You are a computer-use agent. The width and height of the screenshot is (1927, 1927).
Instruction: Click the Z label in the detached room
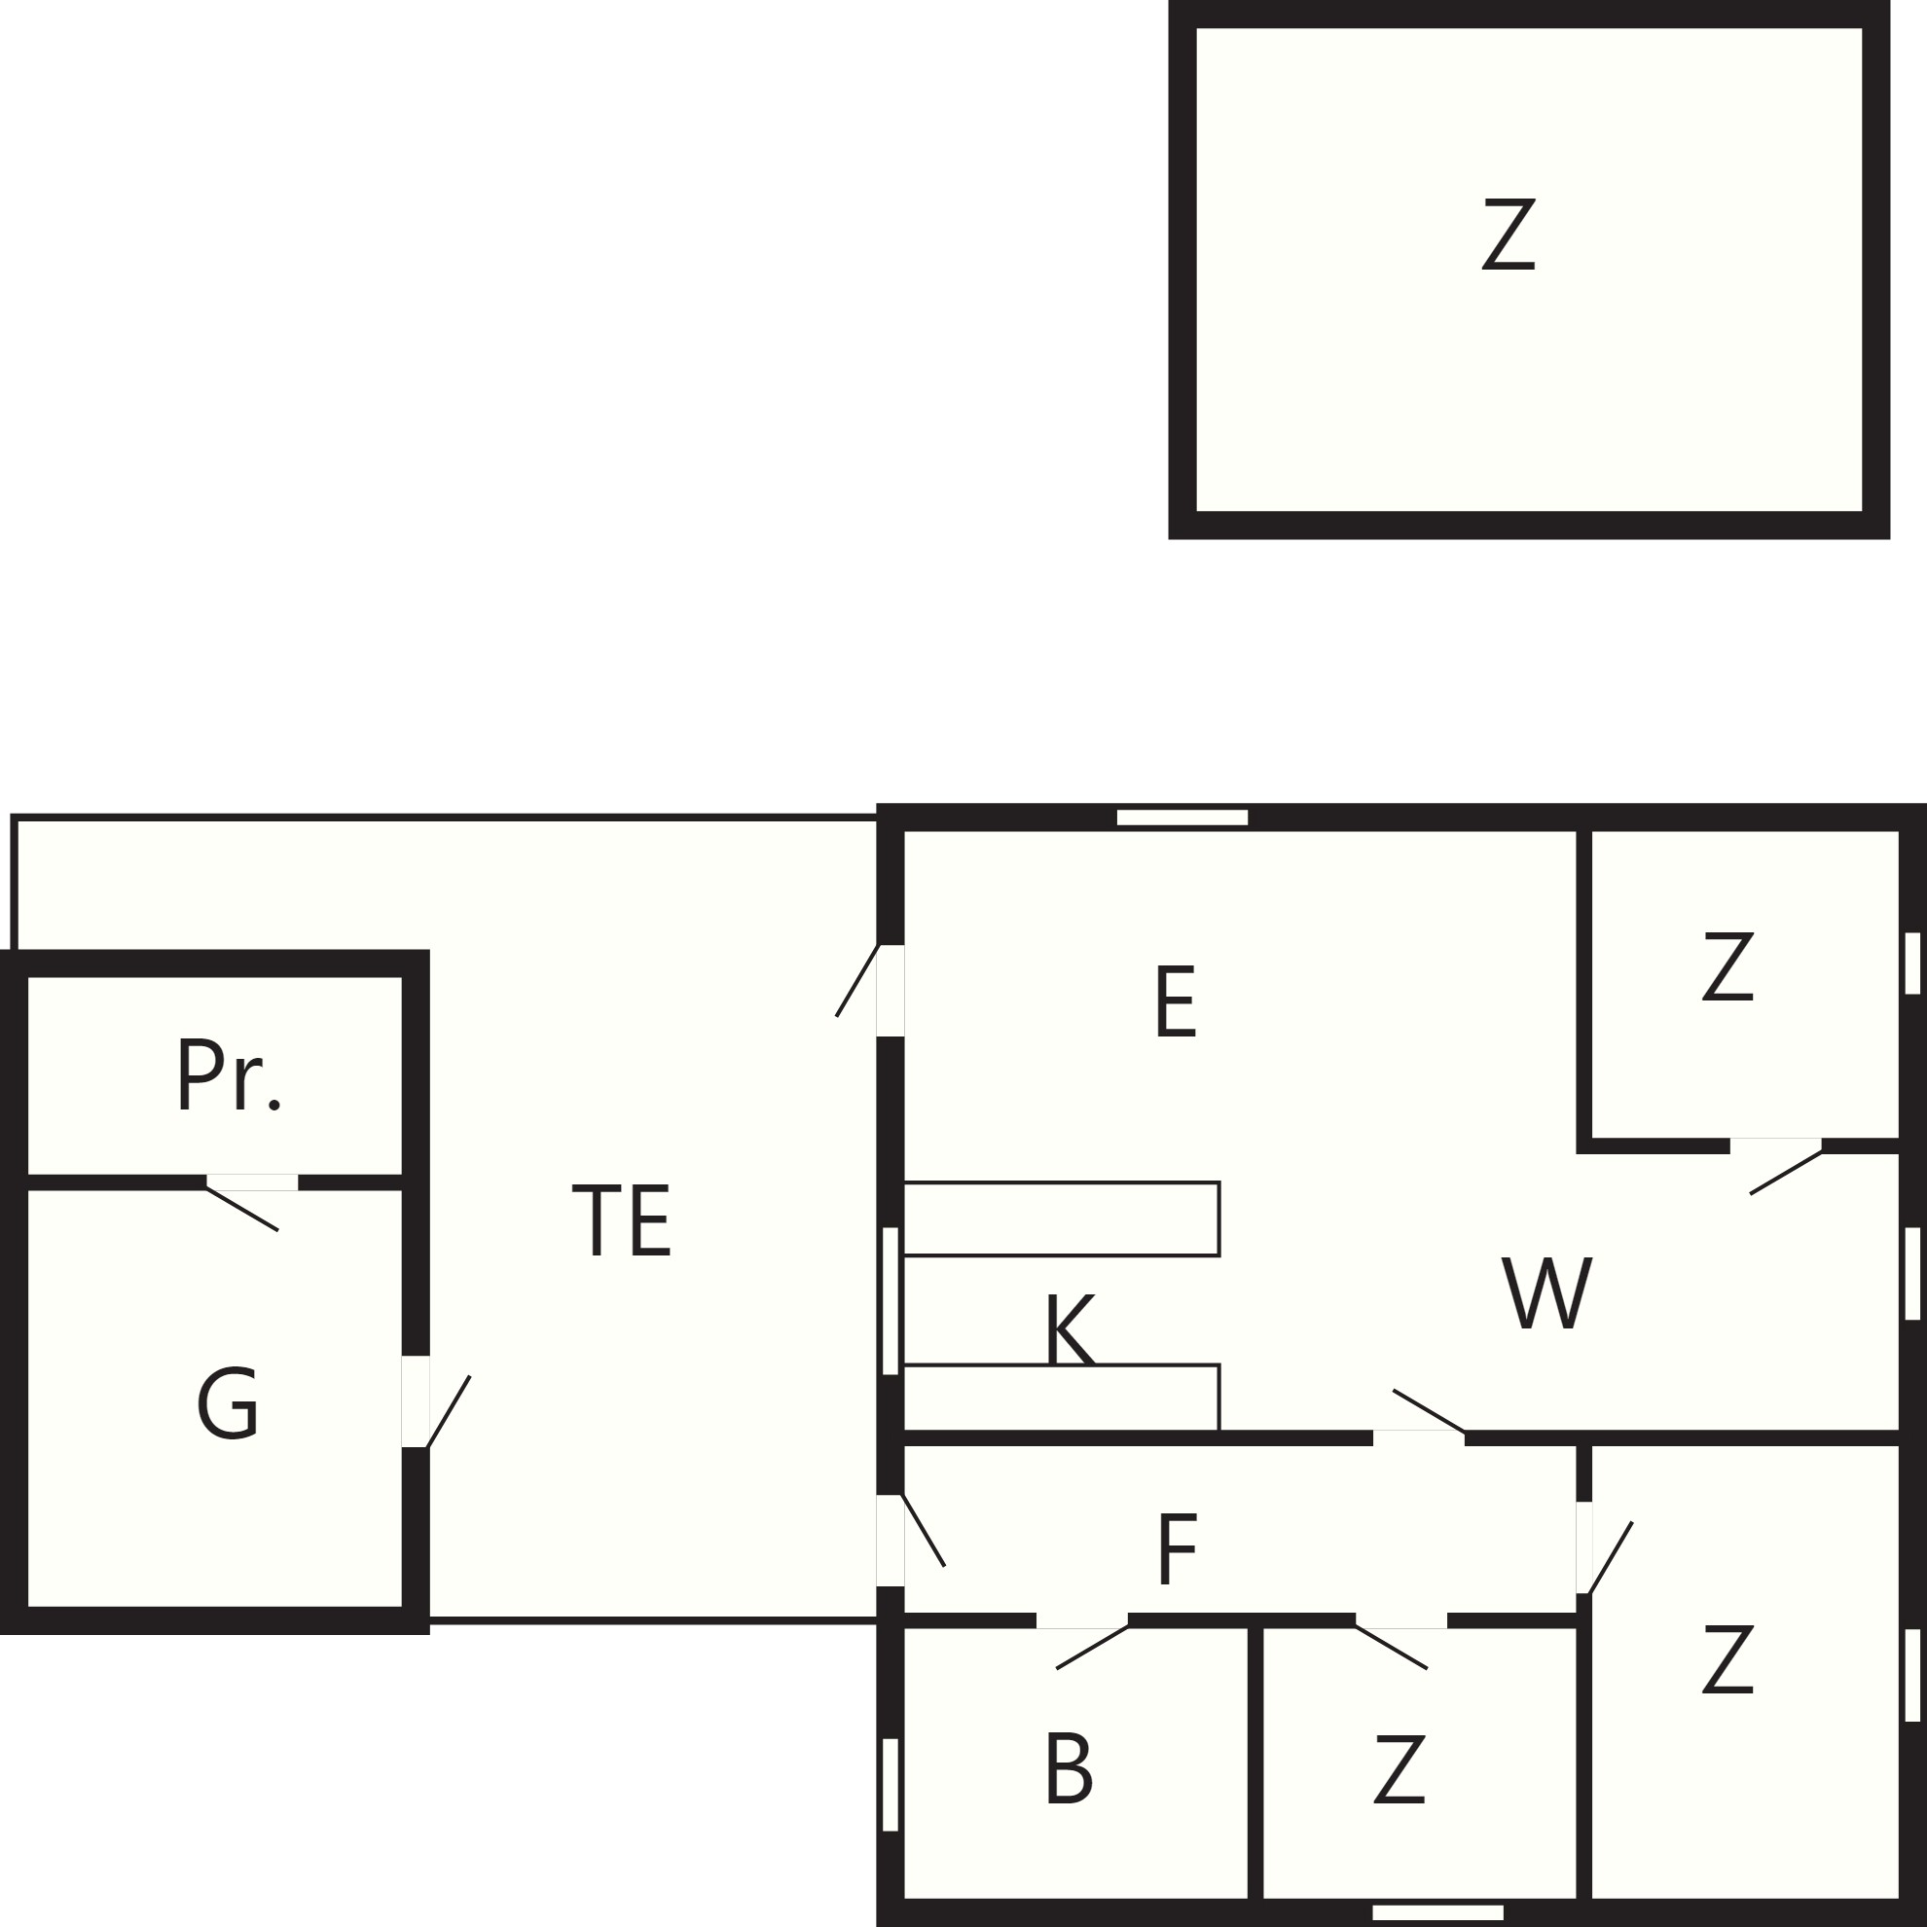pyautogui.click(x=1508, y=235)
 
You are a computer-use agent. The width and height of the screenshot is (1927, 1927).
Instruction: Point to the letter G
pyautogui.click(x=229, y=1403)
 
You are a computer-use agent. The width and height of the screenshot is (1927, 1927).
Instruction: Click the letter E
pyautogui.click(x=1175, y=1002)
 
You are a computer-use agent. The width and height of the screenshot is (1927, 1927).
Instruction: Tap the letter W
pyautogui.click(x=1547, y=1292)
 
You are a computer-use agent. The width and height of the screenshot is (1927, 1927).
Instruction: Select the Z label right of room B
pyautogui.click(x=1399, y=1769)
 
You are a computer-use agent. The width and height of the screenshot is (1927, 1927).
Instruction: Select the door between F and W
pyautogui.click(x=1429, y=1417)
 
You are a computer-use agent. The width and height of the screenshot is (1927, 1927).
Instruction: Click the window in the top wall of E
pyautogui.click(x=1182, y=818)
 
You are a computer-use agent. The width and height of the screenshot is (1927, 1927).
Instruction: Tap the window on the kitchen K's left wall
pyautogui.click(x=891, y=1300)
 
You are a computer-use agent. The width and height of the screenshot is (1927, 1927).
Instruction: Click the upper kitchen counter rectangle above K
pyautogui.click(x=1061, y=1218)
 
